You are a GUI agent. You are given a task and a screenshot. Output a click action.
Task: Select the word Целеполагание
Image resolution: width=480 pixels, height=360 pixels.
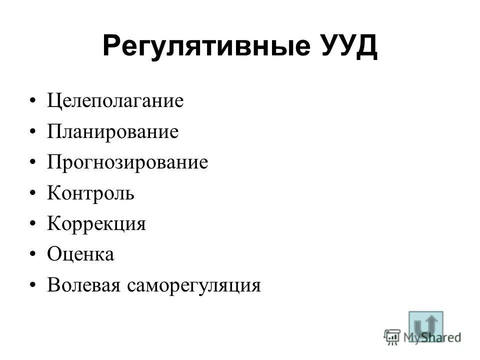[115, 102]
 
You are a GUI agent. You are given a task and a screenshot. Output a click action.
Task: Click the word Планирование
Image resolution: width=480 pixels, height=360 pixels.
[113, 132]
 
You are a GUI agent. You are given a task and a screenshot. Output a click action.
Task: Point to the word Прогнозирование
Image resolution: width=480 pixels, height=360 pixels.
[127, 163]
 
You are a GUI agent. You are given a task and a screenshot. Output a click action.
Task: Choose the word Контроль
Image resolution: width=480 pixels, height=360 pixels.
[91, 193]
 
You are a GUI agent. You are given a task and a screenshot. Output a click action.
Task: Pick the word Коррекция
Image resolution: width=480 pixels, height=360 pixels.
[96, 224]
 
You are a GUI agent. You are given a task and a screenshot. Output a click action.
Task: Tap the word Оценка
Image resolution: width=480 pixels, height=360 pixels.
[81, 255]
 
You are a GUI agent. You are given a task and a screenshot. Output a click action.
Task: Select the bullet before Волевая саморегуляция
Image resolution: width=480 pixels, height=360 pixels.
[32, 286]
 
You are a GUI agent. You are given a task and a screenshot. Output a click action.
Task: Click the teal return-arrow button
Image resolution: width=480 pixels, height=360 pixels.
[425, 325]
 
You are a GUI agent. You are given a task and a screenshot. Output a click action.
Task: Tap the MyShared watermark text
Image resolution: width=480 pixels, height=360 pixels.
[432, 337]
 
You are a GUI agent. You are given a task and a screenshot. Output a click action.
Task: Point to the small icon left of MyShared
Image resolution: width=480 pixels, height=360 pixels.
[392, 337]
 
